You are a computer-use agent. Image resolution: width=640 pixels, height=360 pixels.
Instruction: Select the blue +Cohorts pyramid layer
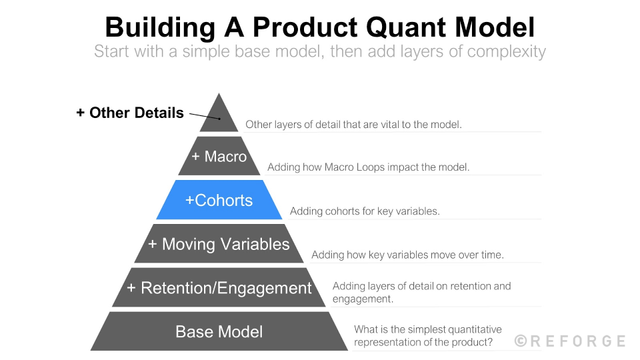coord(219,200)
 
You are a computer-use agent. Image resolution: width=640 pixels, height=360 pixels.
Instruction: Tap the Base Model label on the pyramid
coord(219,331)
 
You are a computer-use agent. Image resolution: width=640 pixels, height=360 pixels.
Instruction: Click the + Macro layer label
coord(219,157)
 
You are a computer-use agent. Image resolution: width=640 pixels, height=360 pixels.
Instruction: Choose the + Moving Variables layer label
coord(219,244)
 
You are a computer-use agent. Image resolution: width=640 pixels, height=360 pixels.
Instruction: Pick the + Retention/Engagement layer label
coord(219,288)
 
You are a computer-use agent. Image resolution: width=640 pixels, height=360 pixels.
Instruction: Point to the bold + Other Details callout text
coord(130,113)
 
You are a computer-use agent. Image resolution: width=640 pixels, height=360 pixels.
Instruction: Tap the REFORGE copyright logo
coord(570,341)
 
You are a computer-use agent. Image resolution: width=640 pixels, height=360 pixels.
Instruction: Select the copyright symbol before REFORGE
coord(521,341)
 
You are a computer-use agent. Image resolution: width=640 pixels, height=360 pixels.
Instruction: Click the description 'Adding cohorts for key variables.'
coord(365,211)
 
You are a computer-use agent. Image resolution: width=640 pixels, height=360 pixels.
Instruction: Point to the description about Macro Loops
coord(368,167)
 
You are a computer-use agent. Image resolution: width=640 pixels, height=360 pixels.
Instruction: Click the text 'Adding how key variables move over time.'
coord(407,255)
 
